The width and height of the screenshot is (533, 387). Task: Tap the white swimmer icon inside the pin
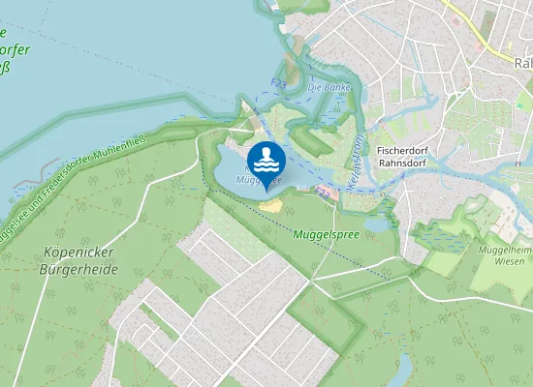pos(266,158)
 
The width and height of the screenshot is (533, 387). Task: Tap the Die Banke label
pos(327,87)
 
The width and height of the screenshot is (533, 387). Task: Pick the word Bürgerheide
pos(81,270)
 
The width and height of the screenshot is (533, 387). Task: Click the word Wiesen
pos(510,261)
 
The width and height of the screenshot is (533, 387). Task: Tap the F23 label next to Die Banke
pos(280,84)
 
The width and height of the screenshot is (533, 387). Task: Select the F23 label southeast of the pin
pos(324,193)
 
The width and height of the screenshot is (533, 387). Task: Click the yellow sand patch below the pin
pos(272,204)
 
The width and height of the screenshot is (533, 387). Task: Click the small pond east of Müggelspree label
pos(377,224)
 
